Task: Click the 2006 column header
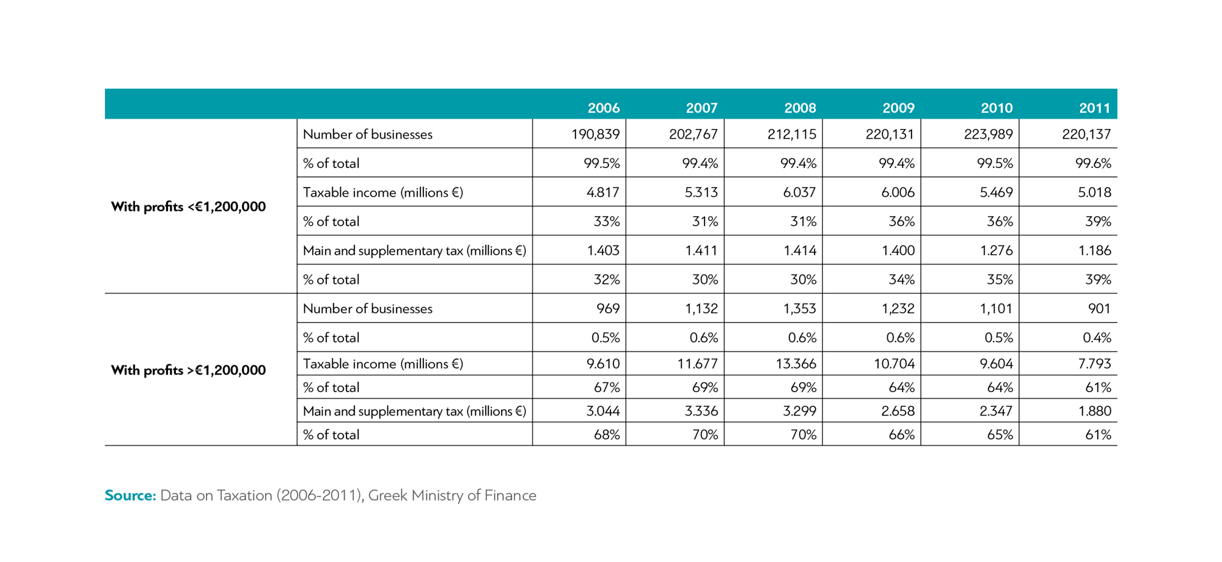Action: (x=603, y=108)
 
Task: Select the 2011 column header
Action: (x=1094, y=108)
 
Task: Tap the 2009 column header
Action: (x=898, y=108)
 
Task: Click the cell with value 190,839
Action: (x=595, y=134)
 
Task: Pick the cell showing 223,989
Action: (x=988, y=134)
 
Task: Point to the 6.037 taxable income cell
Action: (x=799, y=192)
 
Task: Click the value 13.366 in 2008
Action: (x=796, y=364)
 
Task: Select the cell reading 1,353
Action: (x=799, y=308)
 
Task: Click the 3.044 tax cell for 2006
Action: (x=602, y=411)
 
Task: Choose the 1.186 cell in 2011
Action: (x=1094, y=250)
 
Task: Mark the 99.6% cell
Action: (x=1093, y=163)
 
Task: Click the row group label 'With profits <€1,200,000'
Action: (x=188, y=206)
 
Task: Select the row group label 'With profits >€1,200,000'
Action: (x=188, y=370)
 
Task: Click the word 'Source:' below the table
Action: (x=131, y=495)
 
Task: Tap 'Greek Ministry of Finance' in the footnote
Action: (x=452, y=495)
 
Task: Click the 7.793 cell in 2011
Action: (x=1094, y=364)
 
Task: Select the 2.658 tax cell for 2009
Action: (x=898, y=411)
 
